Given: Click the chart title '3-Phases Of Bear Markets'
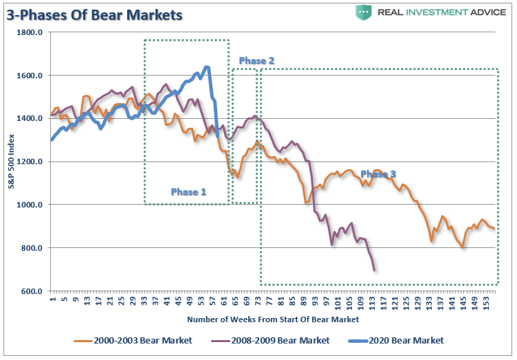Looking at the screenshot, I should coord(94,14).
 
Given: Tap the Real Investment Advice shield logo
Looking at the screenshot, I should coord(364,12).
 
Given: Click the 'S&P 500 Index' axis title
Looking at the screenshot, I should coord(12,161).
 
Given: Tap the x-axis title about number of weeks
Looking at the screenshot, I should coord(272,319).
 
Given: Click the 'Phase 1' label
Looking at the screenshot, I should coord(188,192).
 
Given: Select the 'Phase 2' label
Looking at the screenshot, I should coord(256,61).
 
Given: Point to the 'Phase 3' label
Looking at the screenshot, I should coord(378,175).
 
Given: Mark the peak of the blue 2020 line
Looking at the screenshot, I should coord(206,67).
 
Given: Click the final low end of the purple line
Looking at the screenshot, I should coord(375,270).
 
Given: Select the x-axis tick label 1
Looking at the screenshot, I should coord(52,300).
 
